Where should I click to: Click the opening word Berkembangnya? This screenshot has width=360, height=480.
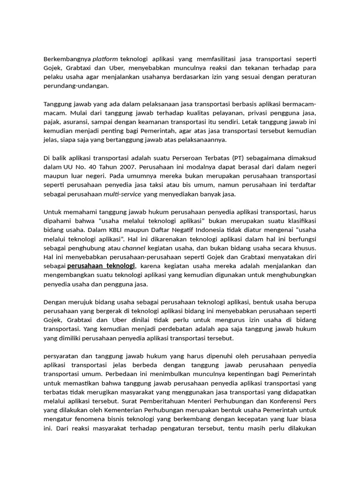(x=67, y=59)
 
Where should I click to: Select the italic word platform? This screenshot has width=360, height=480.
(x=105, y=59)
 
